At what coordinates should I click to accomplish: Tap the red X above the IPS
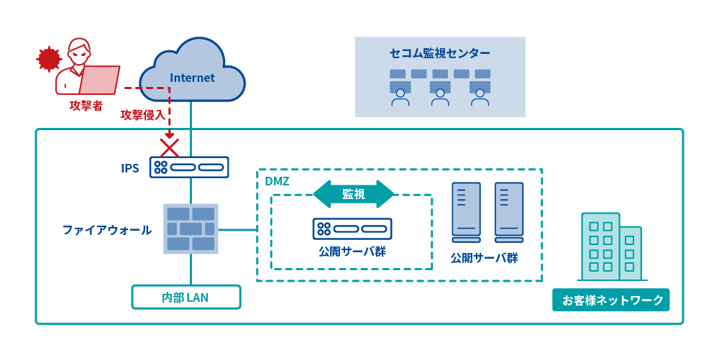170,148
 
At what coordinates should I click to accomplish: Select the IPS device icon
190,167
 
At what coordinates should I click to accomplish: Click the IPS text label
129,168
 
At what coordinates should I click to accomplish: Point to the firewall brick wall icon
190,229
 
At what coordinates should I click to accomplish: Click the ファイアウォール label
106,231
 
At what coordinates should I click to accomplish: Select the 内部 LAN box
186,297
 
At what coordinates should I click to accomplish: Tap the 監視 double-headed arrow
354,193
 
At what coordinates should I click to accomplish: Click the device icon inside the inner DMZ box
352,229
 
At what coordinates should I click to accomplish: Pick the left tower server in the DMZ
465,210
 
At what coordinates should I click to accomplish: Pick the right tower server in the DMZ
508,210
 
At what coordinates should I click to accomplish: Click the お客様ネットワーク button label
610,300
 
